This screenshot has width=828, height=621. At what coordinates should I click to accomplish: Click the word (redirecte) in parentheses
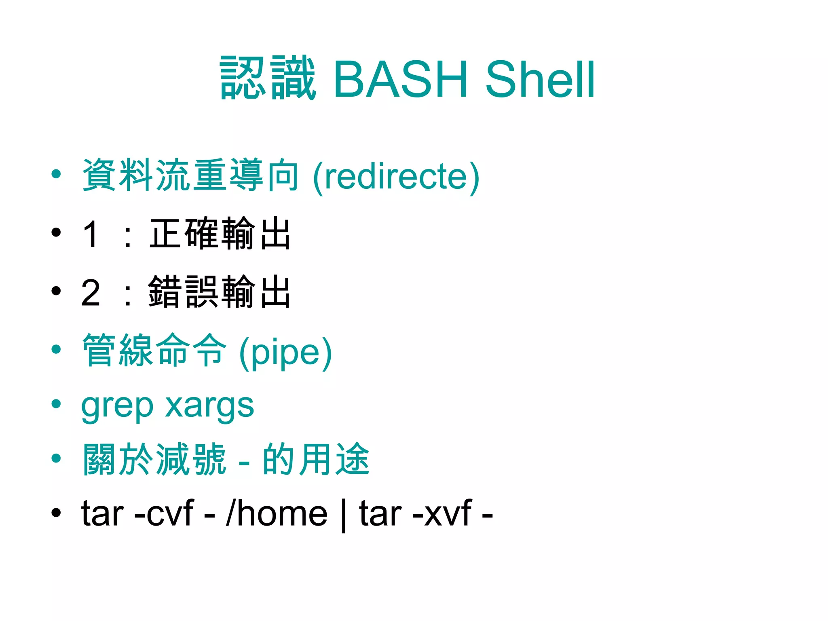click(396, 176)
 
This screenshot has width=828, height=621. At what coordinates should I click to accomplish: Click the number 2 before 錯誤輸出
click(91, 292)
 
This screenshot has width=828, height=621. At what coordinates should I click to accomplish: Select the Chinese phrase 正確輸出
click(220, 233)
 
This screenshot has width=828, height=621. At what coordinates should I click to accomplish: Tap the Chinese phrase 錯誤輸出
click(220, 291)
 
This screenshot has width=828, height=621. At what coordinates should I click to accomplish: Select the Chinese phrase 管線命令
click(154, 350)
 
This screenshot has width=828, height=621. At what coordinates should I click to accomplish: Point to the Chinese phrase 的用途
click(316, 459)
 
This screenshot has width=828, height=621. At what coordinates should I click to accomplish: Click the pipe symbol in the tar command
click(343, 515)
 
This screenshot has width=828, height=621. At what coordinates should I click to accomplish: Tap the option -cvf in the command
click(164, 513)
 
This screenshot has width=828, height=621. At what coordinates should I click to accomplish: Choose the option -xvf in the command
click(441, 513)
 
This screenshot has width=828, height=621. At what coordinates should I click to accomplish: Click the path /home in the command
click(277, 513)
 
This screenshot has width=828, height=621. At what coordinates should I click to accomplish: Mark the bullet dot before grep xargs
click(56, 403)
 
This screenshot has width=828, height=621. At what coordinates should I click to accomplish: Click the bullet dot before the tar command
click(56, 513)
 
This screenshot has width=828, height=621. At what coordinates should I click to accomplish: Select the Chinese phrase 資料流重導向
click(190, 175)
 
